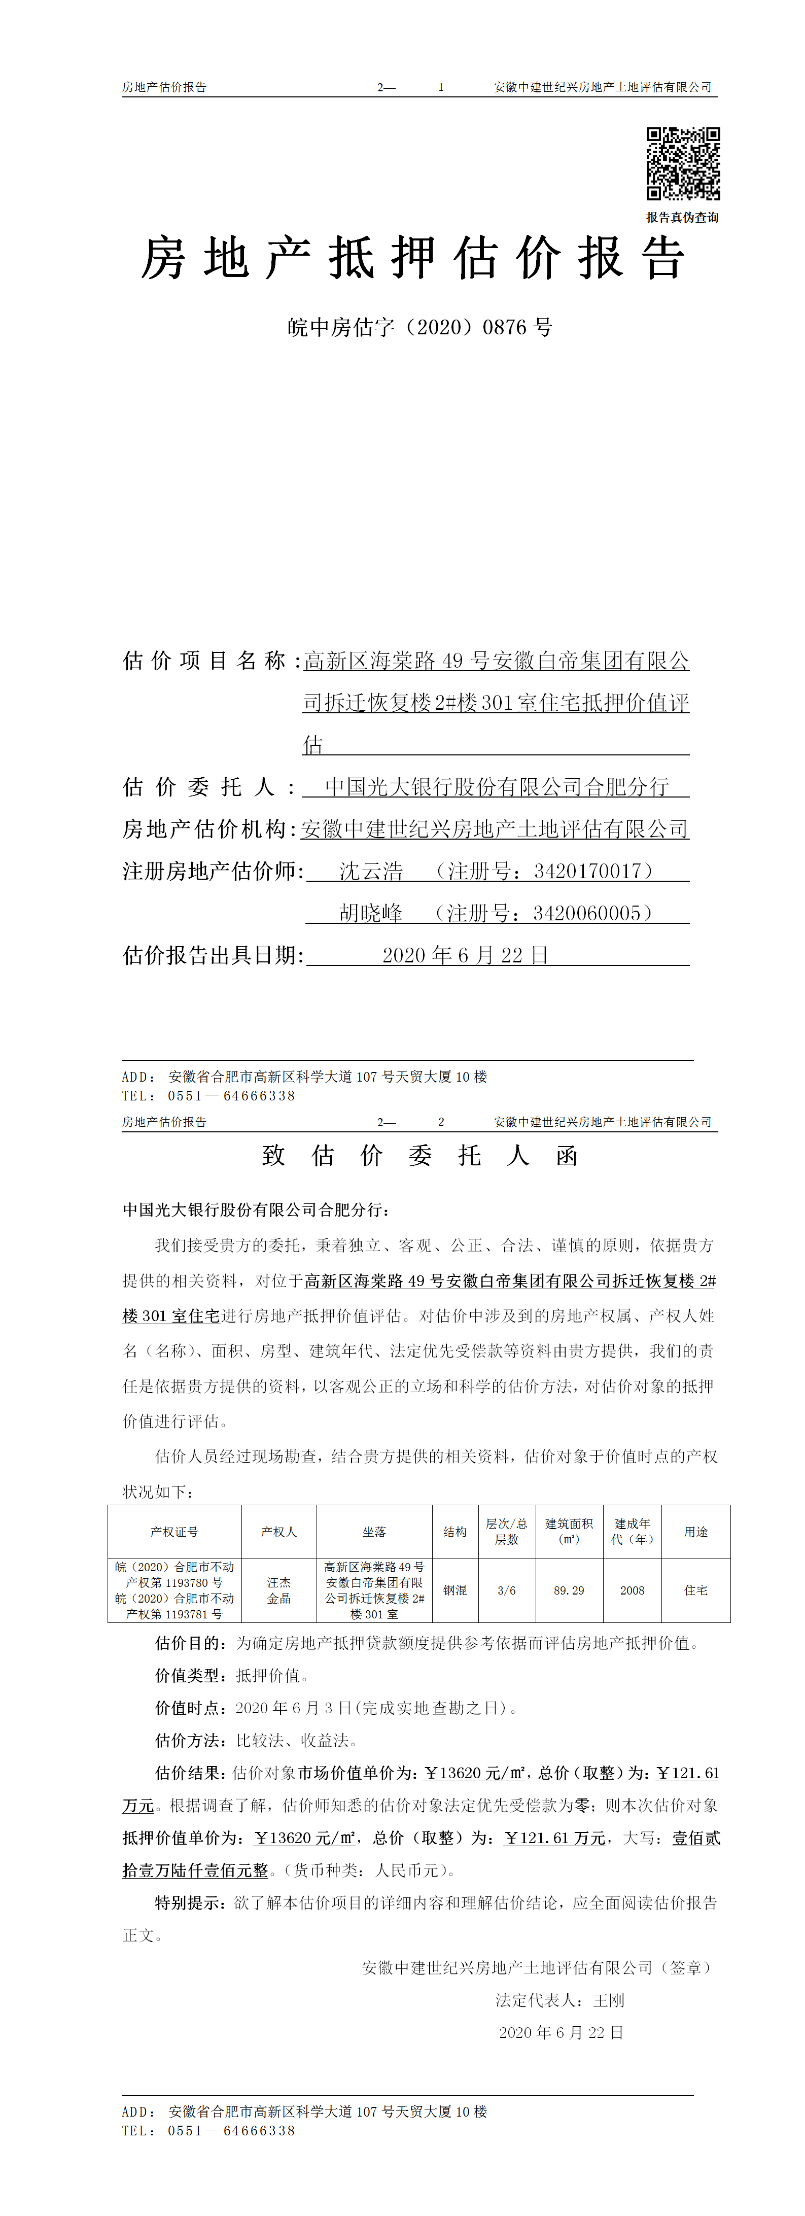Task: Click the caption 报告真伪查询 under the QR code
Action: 682,218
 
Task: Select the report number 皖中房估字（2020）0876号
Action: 419,327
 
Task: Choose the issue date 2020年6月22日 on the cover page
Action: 465,956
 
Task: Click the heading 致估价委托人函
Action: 419,1155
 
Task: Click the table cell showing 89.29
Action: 569,1590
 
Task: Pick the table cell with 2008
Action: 632,1590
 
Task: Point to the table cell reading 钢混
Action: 455,1590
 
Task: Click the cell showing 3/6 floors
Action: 507,1590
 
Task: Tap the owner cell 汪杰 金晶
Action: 278,1590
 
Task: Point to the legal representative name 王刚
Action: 609,2000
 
